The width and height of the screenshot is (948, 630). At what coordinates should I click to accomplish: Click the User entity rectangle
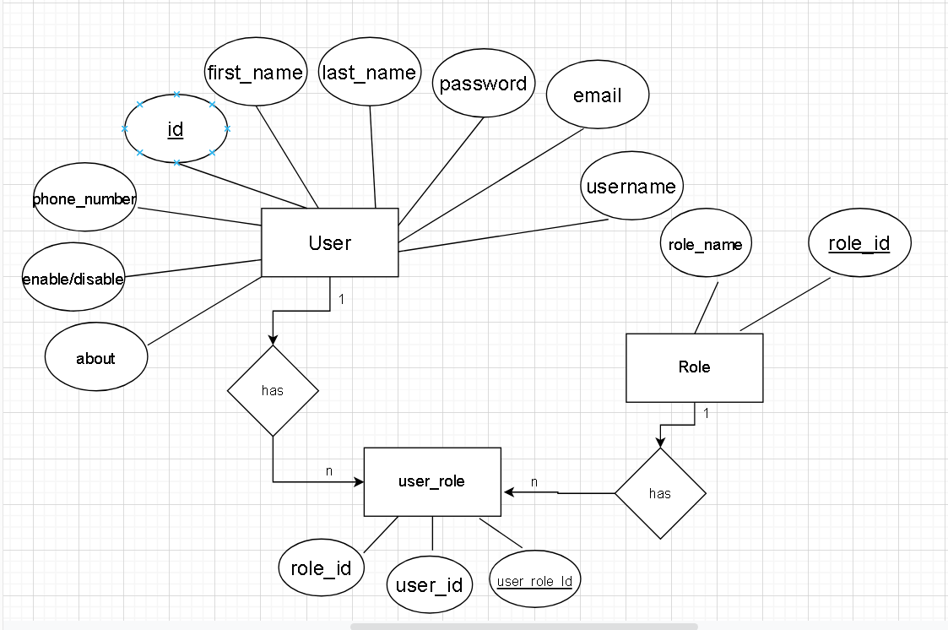pos(329,242)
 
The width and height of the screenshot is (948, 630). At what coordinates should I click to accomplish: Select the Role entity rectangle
pos(694,367)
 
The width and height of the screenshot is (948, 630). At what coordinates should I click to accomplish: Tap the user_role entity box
pos(431,481)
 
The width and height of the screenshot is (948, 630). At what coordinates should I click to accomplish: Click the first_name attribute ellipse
pos(255,73)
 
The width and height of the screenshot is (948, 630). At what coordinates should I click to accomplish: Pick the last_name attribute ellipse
pos(370,73)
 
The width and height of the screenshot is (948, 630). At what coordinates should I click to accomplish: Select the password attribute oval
pos(483,84)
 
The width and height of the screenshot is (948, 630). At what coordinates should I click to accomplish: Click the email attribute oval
pos(597,95)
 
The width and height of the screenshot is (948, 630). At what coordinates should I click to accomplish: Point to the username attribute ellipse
pos(631,187)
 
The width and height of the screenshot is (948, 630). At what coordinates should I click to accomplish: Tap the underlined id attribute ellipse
pos(176,129)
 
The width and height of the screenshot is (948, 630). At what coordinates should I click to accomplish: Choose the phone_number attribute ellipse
pos(84,199)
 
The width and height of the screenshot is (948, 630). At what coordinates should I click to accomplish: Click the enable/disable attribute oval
pos(73,279)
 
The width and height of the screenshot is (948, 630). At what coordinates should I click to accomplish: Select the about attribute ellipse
pos(95,358)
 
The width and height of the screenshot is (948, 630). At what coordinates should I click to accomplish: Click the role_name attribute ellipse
pos(705,245)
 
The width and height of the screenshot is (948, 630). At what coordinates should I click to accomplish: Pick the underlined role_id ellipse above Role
pos(859,243)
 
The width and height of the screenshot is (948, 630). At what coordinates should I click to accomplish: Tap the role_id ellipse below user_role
pos(321,568)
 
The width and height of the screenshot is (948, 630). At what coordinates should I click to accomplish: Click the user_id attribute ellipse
pos(429,584)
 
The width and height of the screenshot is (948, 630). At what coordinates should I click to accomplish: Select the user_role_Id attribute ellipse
pos(535,581)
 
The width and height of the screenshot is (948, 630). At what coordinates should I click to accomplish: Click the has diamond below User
pos(273,390)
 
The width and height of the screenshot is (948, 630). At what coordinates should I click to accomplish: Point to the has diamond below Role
pos(660,493)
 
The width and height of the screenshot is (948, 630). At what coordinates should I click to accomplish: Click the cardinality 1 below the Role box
pos(706,414)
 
